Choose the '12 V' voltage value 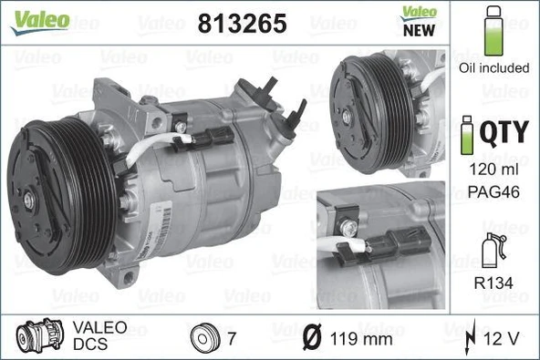click(x=502, y=338)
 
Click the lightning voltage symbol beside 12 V click(x=470, y=338)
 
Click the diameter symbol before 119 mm click(x=311, y=338)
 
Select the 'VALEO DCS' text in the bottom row click(x=92, y=337)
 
